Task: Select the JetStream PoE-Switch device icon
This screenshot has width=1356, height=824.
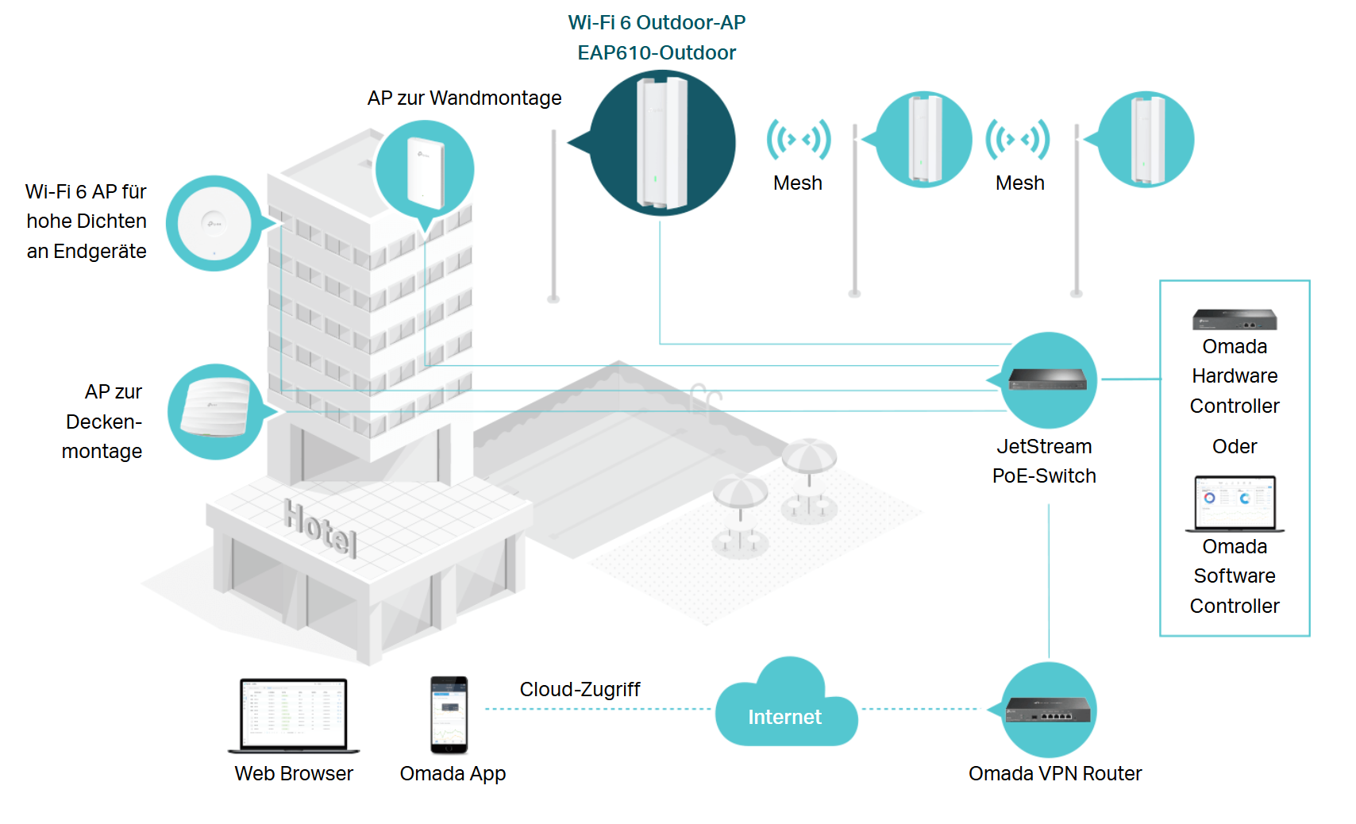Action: (1048, 380)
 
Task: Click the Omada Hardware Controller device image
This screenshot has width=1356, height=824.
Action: (1235, 319)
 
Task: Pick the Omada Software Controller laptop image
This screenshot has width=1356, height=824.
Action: (1235, 503)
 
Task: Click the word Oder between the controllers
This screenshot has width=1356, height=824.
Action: (1235, 446)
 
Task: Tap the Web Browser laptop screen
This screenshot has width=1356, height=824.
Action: (294, 713)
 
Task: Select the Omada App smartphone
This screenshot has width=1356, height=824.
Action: (449, 714)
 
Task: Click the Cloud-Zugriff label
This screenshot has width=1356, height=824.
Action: (580, 689)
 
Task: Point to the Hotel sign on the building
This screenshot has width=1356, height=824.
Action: (321, 527)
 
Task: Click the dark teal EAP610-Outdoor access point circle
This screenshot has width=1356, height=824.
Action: (662, 143)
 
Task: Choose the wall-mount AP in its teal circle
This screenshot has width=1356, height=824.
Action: (425, 170)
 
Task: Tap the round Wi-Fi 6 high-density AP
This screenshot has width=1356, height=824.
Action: (214, 223)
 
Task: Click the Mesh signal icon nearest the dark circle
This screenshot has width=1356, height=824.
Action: (799, 140)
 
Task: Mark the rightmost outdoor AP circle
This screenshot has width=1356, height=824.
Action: (1146, 140)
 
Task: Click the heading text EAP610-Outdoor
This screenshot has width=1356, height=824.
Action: (657, 52)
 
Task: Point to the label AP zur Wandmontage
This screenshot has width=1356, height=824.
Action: (464, 98)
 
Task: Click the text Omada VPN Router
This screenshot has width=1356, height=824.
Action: (1055, 773)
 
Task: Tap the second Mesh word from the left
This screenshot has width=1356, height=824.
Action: (1020, 183)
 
